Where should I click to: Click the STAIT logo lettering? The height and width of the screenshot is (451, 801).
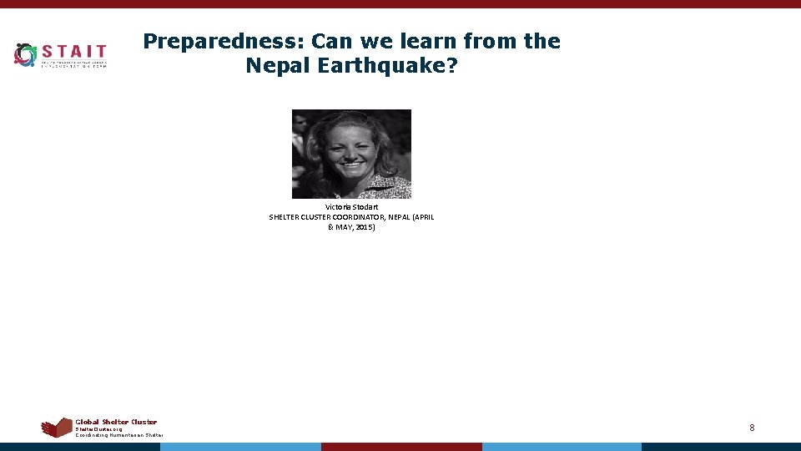[x=74, y=52]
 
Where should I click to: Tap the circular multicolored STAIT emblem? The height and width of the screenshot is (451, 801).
[x=26, y=55]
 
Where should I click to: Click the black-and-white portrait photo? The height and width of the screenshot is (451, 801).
[x=351, y=154]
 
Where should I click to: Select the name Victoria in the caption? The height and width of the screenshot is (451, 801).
[x=340, y=206]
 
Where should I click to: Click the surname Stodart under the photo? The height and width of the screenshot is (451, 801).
[x=366, y=206]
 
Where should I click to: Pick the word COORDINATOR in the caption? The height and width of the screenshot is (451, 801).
[x=365, y=217]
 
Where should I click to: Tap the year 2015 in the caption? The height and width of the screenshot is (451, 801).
[x=364, y=227]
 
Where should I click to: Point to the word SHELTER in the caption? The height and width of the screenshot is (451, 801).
[x=284, y=217]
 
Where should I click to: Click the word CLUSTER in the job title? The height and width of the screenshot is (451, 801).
[x=316, y=217]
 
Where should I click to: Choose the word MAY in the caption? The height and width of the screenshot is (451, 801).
[x=344, y=227]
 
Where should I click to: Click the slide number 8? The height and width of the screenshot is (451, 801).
[x=752, y=428]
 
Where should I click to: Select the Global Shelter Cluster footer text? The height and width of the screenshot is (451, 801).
[x=116, y=422]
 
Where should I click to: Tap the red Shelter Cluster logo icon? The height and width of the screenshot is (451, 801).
[x=57, y=428]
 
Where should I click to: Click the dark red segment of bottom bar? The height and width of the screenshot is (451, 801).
[x=401, y=447]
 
